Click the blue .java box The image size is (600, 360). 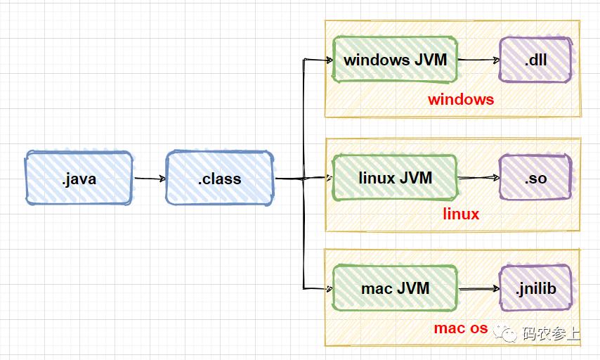point(79,178)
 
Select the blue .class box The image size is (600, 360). point(220,178)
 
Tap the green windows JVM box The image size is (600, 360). point(395,60)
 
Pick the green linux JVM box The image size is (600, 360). point(395,178)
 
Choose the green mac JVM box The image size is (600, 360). point(395,288)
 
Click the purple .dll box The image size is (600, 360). point(535,60)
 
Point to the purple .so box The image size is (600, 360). point(535,178)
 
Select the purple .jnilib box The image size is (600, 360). point(535,288)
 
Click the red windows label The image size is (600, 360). point(461,100)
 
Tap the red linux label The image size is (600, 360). point(461,214)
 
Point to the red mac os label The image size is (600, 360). point(461,328)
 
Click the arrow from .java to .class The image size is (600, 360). point(150,179)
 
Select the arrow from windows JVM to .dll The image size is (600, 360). point(478,60)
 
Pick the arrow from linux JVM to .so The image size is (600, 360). point(478,178)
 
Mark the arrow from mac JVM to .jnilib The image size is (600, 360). point(479,289)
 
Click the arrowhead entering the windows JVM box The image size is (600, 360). point(329,60)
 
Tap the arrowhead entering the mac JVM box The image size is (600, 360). point(329,289)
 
